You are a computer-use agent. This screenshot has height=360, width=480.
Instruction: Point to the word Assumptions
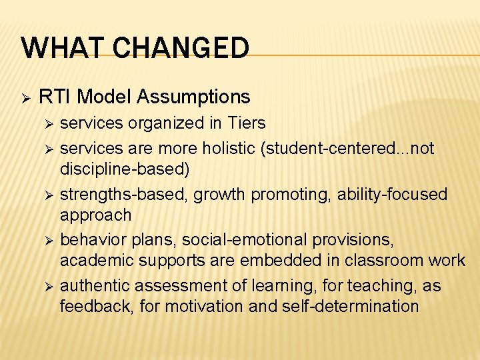193,97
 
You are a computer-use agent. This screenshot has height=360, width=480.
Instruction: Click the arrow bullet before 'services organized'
47,124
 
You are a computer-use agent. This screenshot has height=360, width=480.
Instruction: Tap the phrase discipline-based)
125,169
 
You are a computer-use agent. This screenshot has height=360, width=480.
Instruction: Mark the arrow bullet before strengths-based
47,195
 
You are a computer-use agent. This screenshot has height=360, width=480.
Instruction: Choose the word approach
95,215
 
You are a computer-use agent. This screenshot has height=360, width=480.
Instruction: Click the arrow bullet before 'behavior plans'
47,240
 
